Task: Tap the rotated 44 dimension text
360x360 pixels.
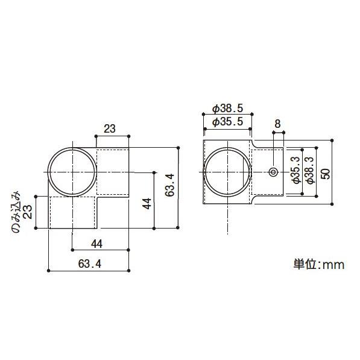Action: (147, 202)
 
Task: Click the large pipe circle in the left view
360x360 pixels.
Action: (72, 172)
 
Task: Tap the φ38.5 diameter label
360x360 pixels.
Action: (227, 109)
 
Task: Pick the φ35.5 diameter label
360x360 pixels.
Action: (227, 122)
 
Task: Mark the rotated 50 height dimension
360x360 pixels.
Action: (326, 172)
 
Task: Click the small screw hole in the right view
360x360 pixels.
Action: (273, 172)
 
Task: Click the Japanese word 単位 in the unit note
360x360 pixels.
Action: (303, 264)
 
